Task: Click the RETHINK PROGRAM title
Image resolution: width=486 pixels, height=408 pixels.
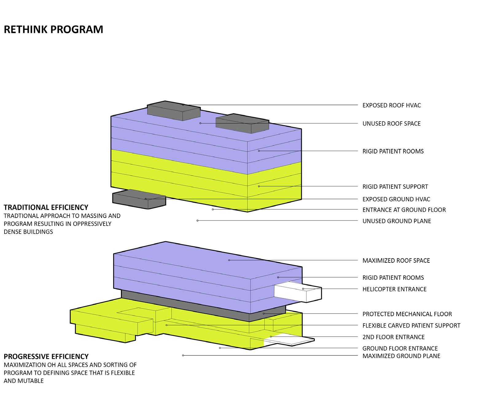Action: pos(53,29)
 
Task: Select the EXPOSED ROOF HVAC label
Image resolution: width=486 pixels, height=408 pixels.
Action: pos(391,105)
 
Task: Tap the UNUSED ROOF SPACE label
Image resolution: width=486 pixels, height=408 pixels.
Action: pos(391,124)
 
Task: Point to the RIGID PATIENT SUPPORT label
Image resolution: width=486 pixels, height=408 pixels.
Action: pos(395,187)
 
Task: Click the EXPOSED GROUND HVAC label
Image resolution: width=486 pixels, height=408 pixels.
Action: pos(396,199)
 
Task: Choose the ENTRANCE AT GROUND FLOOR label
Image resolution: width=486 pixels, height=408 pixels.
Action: pos(404,210)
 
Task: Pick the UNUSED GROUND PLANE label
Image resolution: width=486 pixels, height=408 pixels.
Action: pos(397,221)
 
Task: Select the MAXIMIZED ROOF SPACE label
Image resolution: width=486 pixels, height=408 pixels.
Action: pos(396,261)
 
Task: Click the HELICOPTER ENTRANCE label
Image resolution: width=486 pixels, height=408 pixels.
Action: pos(395,289)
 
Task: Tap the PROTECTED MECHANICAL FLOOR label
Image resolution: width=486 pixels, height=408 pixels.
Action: pos(407,314)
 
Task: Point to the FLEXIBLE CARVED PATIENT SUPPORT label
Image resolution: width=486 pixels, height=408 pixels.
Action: pos(411,325)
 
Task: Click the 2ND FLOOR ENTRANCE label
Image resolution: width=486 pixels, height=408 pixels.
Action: pos(393,337)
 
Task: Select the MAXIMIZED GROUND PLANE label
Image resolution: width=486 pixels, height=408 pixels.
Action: pos(401,356)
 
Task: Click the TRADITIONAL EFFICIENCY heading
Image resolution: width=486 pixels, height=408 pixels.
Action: pos(46,207)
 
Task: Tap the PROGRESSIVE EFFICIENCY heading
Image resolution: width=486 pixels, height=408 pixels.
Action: pos(46,356)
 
